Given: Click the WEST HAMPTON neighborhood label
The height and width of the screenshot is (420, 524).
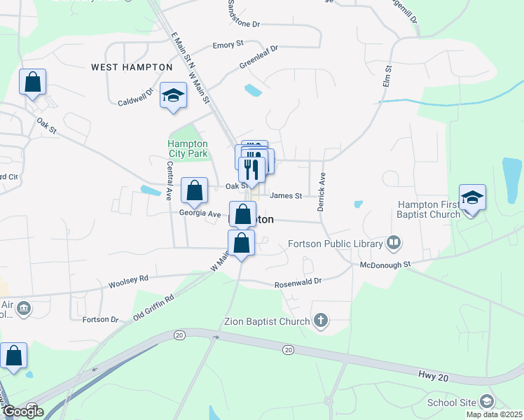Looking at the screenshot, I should click(x=132, y=67).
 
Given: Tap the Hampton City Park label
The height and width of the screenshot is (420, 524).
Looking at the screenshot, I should click(x=188, y=148).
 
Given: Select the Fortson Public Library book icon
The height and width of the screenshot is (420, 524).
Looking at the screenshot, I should click(x=394, y=243).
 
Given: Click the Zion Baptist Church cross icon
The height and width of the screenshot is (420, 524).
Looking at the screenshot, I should click(x=321, y=321).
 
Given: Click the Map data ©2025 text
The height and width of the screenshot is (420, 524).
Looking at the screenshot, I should click(x=493, y=414).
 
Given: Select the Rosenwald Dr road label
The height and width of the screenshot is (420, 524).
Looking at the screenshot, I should click(x=298, y=281).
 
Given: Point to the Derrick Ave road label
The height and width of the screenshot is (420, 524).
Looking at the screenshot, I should click(x=323, y=191).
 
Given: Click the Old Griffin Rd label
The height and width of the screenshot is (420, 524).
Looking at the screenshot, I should click(x=154, y=307).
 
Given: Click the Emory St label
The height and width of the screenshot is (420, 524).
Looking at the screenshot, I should click(x=228, y=45).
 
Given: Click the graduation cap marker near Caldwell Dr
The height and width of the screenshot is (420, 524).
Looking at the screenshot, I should click(x=172, y=96).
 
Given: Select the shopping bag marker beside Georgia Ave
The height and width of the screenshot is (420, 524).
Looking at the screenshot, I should click(x=194, y=190).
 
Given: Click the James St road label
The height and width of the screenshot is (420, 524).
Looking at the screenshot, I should click(x=285, y=196).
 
